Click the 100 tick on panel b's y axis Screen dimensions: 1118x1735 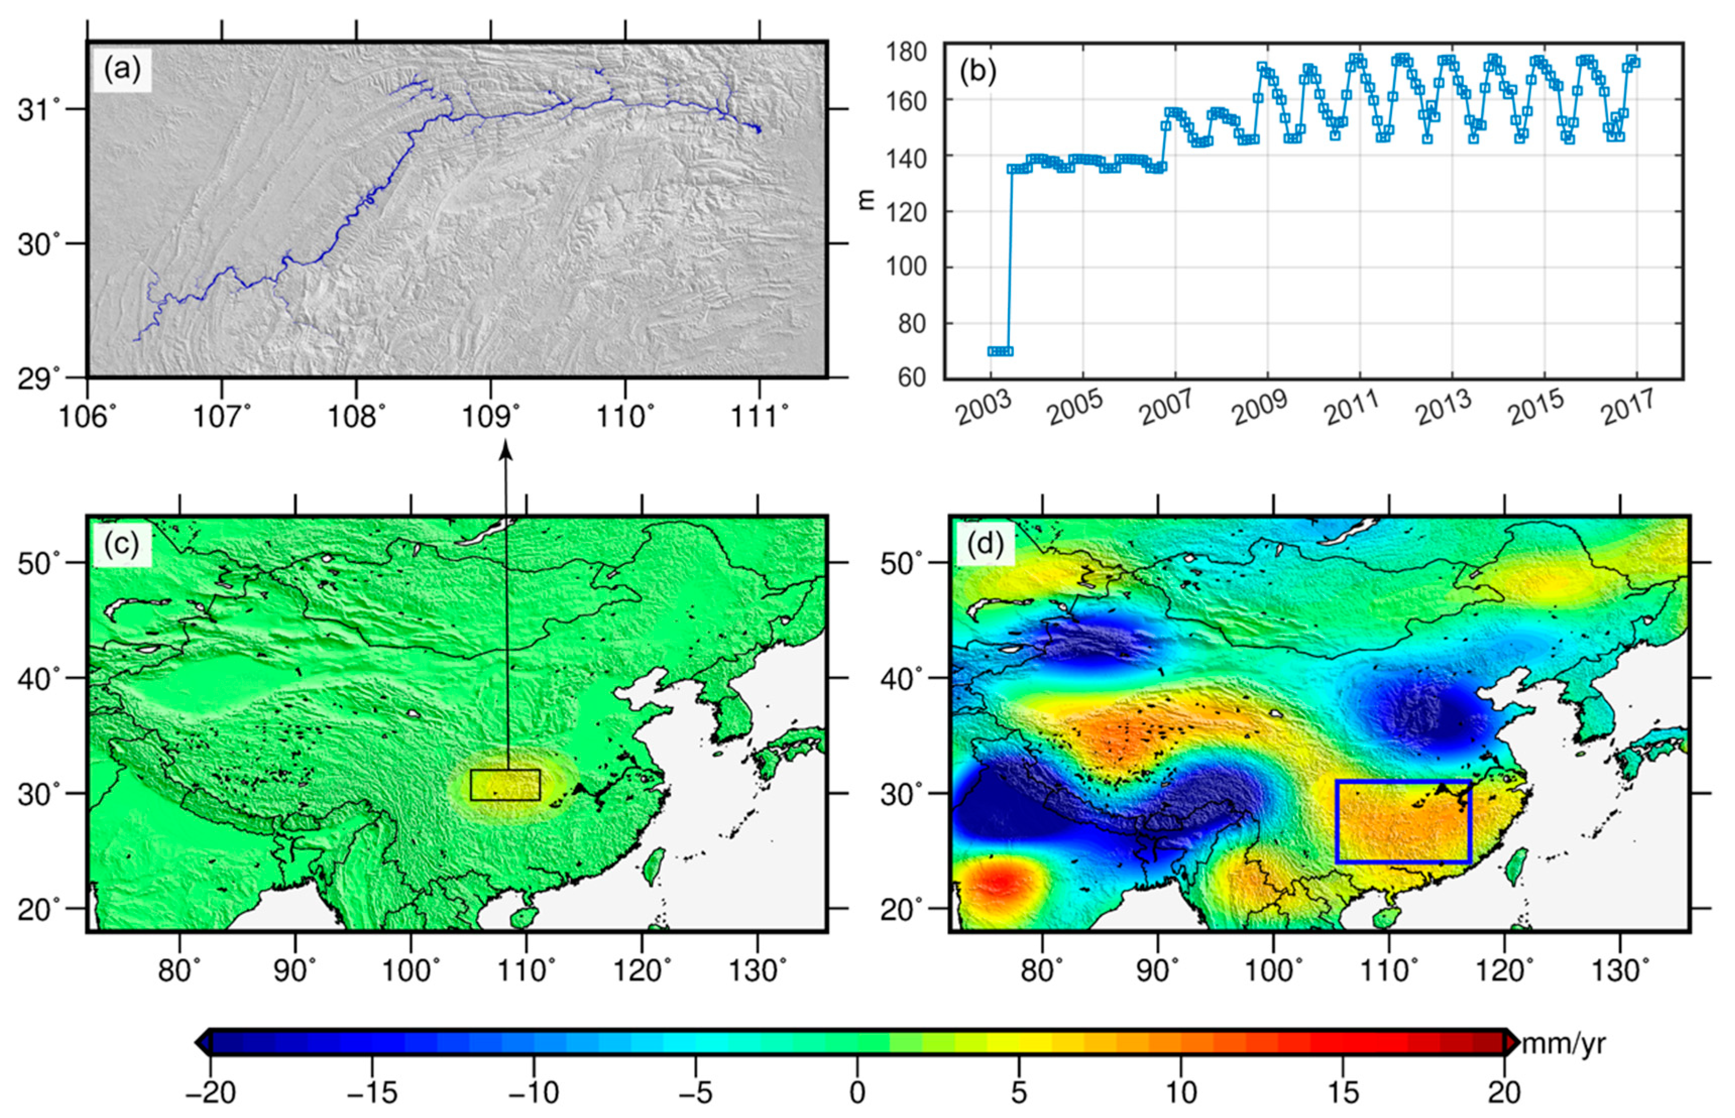[906, 267]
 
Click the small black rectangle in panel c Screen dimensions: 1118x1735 [505, 785]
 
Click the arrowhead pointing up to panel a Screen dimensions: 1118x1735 [505, 452]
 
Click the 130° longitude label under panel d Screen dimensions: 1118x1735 [1620, 970]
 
